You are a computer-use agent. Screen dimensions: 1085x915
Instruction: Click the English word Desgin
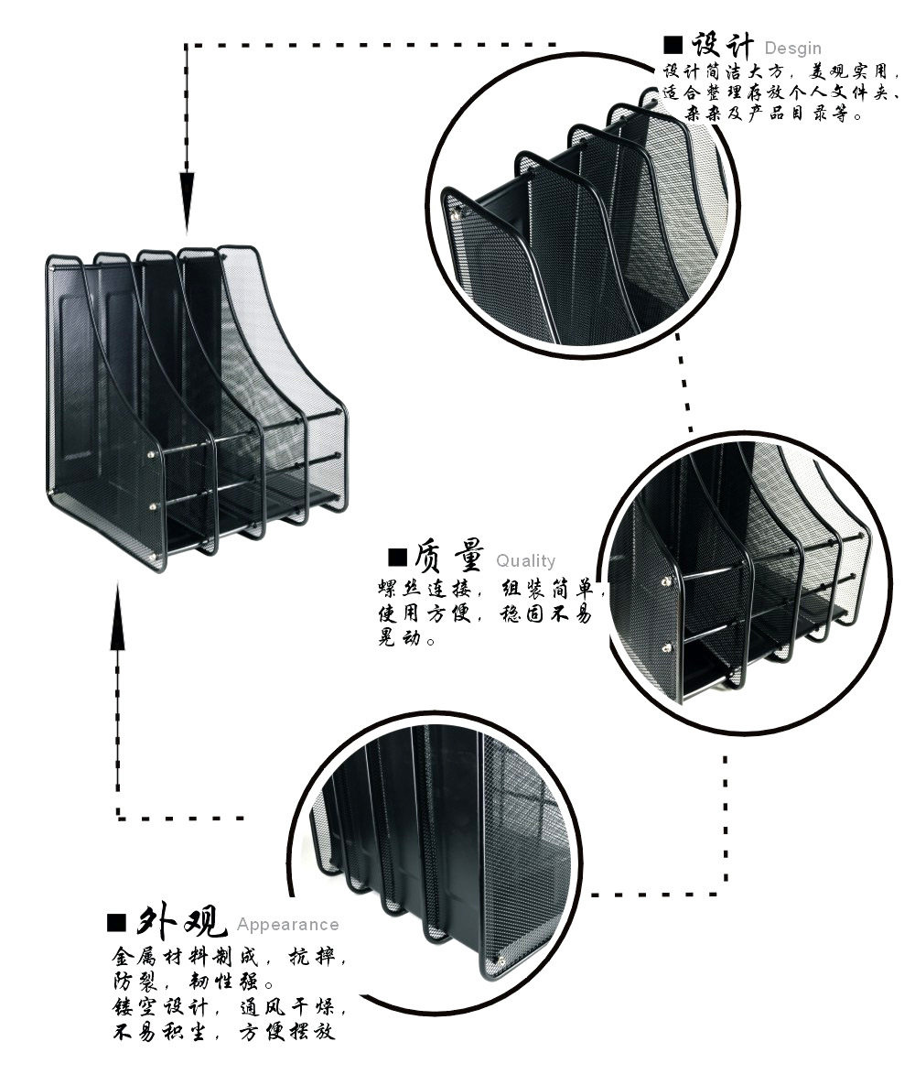point(792,49)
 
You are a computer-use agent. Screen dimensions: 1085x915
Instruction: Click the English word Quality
point(525,561)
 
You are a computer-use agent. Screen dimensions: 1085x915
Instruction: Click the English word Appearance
point(287,925)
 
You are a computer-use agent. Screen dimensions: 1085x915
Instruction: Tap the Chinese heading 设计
point(722,45)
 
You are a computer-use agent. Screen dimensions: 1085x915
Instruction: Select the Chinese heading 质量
point(448,557)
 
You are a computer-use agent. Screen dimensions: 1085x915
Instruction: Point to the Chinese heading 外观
point(182,919)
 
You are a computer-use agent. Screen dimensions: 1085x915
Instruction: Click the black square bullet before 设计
point(674,46)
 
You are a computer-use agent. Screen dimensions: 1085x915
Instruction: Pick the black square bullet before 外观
point(116,922)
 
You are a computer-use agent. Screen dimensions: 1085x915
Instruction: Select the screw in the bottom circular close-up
point(500,959)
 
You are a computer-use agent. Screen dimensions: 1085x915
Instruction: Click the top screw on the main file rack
point(152,454)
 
